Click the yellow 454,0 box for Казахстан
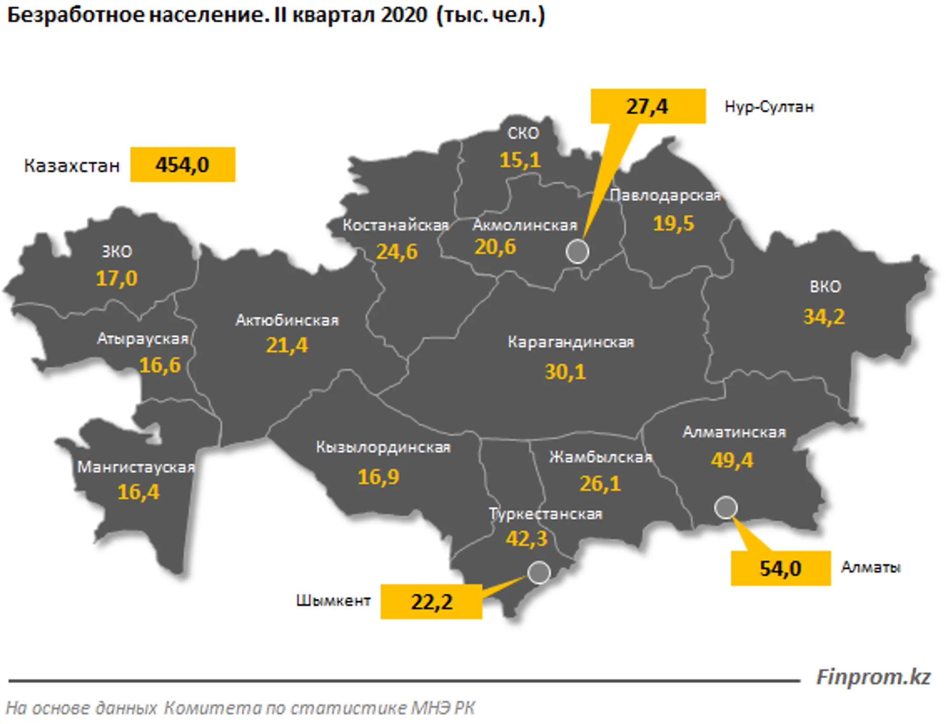click(182, 164)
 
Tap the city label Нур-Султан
click(769, 106)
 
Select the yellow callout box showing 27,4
click(647, 106)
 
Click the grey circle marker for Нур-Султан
click(577, 251)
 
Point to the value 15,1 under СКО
click(520, 160)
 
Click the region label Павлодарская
click(664, 195)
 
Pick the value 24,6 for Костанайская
click(396, 251)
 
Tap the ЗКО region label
click(116, 251)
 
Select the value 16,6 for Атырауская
click(159, 365)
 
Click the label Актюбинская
click(287, 320)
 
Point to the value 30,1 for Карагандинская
click(565, 372)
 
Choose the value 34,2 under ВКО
click(824, 317)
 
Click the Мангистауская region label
click(136, 467)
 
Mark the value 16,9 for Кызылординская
click(378, 477)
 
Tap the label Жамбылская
click(600, 457)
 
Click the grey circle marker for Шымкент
click(538, 572)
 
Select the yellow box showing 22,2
click(431, 601)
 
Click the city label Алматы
click(870, 567)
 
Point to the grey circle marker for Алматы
click(725, 508)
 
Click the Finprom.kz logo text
click(873, 677)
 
